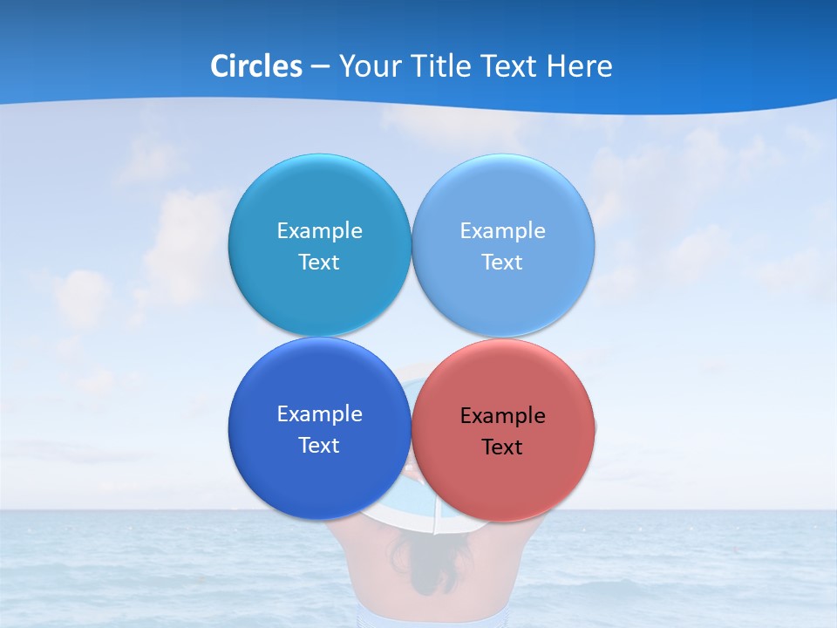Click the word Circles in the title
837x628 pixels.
256,66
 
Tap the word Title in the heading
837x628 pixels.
445,66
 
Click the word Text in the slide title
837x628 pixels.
513,66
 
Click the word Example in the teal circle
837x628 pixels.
319,230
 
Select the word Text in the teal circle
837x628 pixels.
319,262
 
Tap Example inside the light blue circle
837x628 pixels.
502,230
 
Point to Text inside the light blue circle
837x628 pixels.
502,262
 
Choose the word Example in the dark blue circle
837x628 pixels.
319,413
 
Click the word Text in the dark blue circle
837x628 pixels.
319,445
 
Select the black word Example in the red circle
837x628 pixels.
502,415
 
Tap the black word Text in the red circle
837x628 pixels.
502,447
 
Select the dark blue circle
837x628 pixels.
319,480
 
